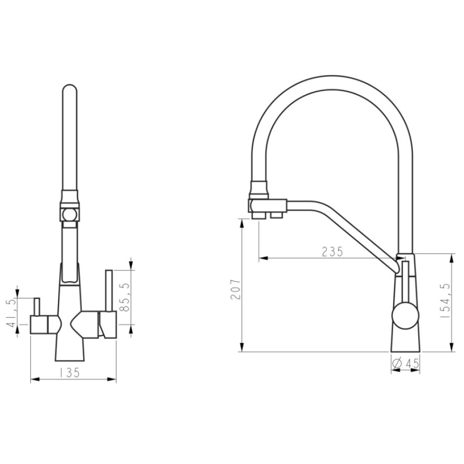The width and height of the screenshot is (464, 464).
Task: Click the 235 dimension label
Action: [x=332, y=251]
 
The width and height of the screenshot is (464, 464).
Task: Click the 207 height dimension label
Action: [x=236, y=289]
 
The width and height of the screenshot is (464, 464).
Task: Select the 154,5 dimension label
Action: [x=445, y=300]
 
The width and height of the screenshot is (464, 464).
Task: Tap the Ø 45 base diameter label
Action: [x=405, y=364]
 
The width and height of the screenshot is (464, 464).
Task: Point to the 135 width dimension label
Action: [x=70, y=373]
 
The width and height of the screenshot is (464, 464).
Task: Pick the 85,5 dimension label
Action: [x=125, y=297]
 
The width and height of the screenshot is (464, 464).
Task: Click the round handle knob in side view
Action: [x=406, y=316]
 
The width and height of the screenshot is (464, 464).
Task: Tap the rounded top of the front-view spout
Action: [x=70, y=88]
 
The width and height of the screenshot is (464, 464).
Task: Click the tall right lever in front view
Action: [x=109, y=290]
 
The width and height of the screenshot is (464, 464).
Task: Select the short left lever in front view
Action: [x=37, y=307]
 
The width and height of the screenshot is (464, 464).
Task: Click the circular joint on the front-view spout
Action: [x=70, y=214]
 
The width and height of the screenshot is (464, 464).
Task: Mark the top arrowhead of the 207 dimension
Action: [x=242, y=223]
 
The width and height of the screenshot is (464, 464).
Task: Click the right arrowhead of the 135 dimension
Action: [x=111, y=379]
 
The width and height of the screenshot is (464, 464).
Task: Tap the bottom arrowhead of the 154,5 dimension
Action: [x=451, y=348]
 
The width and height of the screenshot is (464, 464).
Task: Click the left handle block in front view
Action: [x=39, y=325]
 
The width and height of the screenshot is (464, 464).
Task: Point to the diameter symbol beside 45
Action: [x=397, y=364]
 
